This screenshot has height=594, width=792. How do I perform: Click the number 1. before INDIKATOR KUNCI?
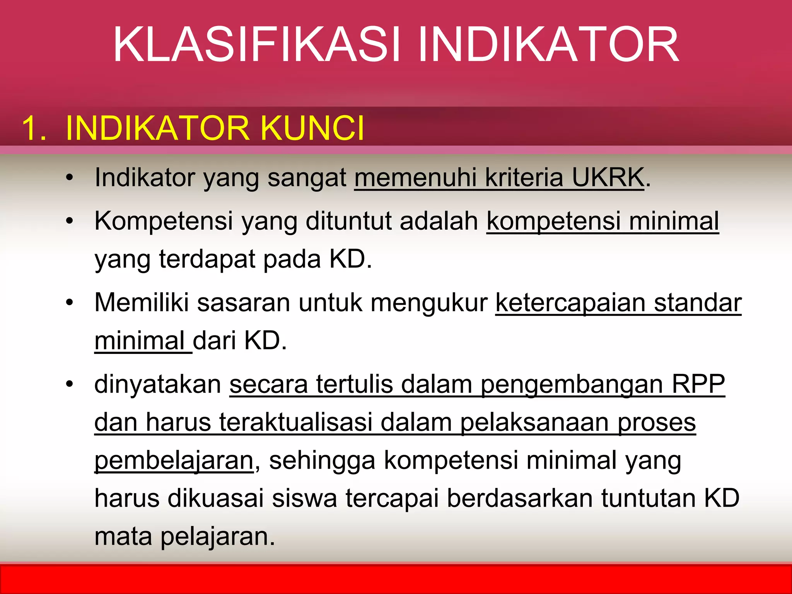34,128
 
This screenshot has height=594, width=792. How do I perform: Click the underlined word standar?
698,303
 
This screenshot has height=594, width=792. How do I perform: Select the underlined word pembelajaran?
174,461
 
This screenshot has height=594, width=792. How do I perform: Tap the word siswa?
304,498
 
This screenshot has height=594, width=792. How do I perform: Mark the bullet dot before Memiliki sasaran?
70,303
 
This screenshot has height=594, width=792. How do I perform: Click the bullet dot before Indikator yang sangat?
70,178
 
